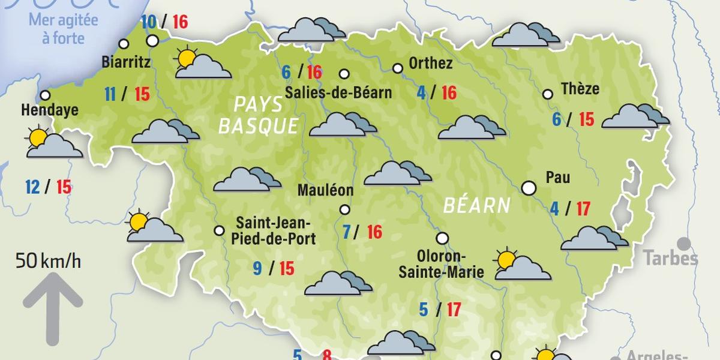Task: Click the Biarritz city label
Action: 126,62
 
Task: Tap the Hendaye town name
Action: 50,110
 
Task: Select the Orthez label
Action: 430,63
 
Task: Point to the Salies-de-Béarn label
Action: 338,93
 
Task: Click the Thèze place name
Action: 580,89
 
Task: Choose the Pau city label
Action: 557,178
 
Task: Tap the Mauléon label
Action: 326,191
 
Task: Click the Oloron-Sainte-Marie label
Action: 442,263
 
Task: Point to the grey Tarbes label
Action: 671,259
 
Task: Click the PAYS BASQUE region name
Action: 259,115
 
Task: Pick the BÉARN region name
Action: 476,206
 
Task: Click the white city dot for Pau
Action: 529,188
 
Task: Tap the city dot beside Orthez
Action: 397,68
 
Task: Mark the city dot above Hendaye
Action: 45,95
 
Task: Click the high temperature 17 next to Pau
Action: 583,209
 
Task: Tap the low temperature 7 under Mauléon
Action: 347,232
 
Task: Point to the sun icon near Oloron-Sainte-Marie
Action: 506,260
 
